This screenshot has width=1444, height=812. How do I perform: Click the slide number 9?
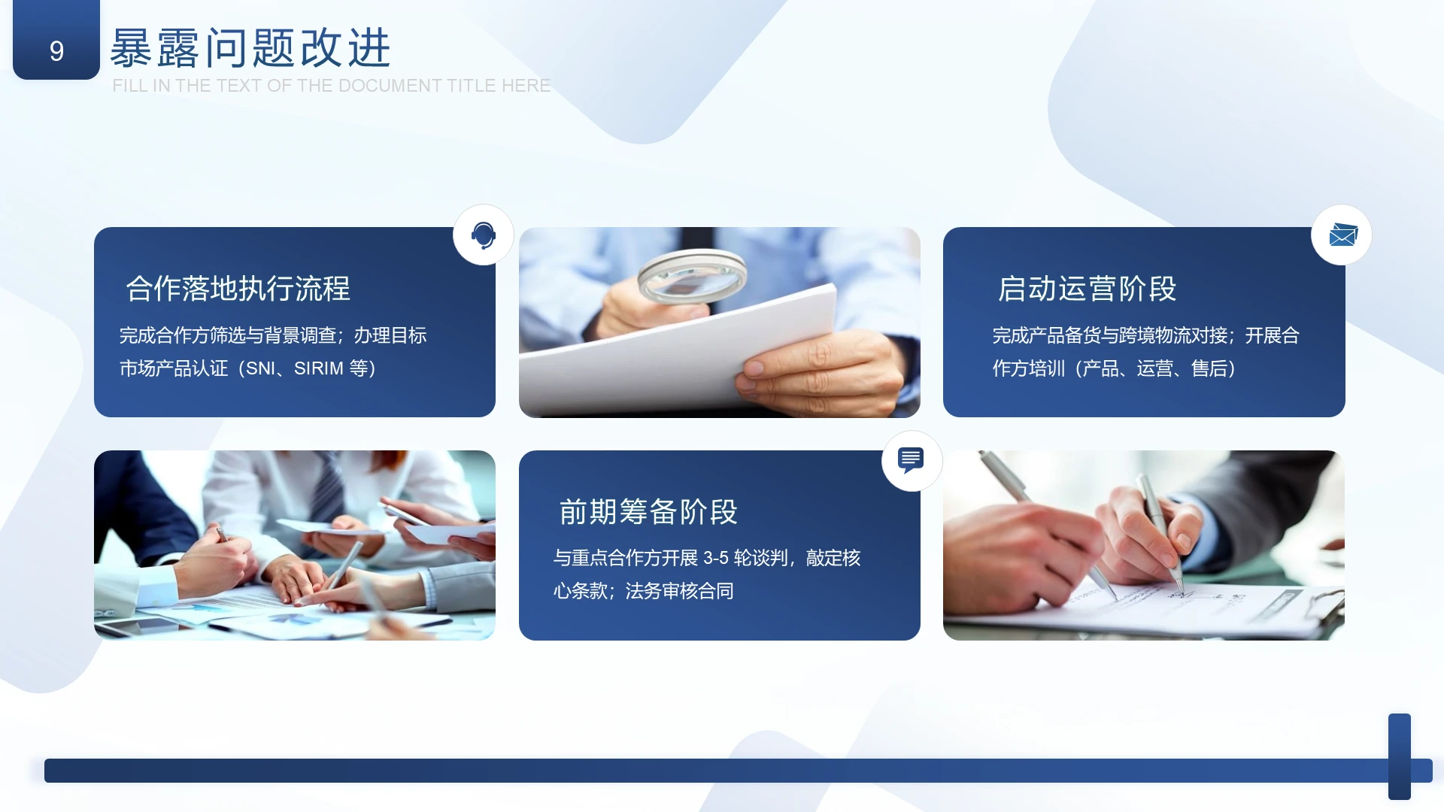(56, 50)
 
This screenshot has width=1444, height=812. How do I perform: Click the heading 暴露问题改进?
(250, 48)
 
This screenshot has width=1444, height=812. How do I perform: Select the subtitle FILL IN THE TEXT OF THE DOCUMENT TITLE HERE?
(331, 86)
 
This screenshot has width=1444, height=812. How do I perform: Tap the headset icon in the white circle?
(484, 235)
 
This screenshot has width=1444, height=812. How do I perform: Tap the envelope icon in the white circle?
(1342, 235)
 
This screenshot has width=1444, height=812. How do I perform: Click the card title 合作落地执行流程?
(238, 289)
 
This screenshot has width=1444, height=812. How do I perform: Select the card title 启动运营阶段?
(1087, 289)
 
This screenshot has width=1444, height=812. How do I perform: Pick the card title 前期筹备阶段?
(648, 512)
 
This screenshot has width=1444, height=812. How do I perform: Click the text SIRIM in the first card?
(318, 368)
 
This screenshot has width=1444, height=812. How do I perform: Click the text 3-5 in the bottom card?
(715, 558)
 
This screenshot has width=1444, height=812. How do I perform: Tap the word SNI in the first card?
(260, 368)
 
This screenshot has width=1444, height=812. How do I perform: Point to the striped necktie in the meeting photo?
(329, 489)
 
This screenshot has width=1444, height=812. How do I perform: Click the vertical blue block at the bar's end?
(1399, 756)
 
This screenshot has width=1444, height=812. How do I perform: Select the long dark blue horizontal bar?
(714, 771)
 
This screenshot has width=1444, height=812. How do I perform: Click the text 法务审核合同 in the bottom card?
(679, 591)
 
